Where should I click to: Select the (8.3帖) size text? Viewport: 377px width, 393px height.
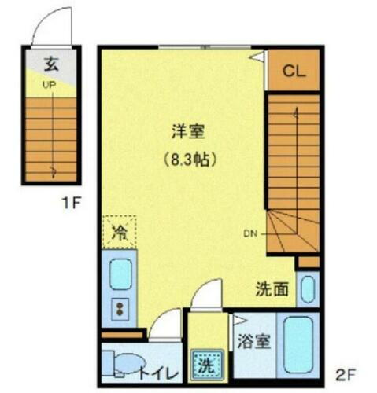tap(190, 159)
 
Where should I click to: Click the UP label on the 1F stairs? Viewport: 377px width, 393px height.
tap(48, 85)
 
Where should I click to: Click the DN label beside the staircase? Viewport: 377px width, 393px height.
tap(250, 233)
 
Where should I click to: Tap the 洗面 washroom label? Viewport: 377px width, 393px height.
tap(271, 289)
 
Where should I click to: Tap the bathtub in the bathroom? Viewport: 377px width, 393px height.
tap(299, 345)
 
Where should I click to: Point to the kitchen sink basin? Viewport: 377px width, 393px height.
tap(120, 274)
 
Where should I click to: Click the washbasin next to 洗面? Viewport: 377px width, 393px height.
tap(309, 288)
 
